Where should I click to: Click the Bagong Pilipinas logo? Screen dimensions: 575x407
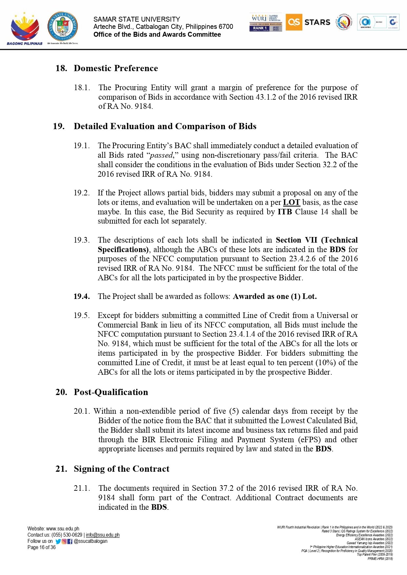(25, 29)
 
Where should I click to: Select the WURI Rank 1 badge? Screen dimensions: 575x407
(266, 23)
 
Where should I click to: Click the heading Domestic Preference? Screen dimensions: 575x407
(116, 68)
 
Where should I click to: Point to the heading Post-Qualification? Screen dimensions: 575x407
(111, 392)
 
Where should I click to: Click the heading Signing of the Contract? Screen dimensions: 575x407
(121, 469)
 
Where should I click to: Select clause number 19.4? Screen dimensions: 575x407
(81, 296)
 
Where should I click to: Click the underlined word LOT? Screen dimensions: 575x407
(291, 202)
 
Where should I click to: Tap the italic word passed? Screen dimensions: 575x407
(161, 155)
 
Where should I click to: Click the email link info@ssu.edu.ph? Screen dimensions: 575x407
(103, 535)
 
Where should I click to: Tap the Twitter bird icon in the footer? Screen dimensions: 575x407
(58, 542)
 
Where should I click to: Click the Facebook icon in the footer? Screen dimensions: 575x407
(70, 542)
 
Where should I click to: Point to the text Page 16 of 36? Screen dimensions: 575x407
(42, 547)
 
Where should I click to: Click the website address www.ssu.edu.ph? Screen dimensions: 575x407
(63, 529)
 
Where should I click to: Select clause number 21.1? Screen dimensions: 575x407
(82, 488)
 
